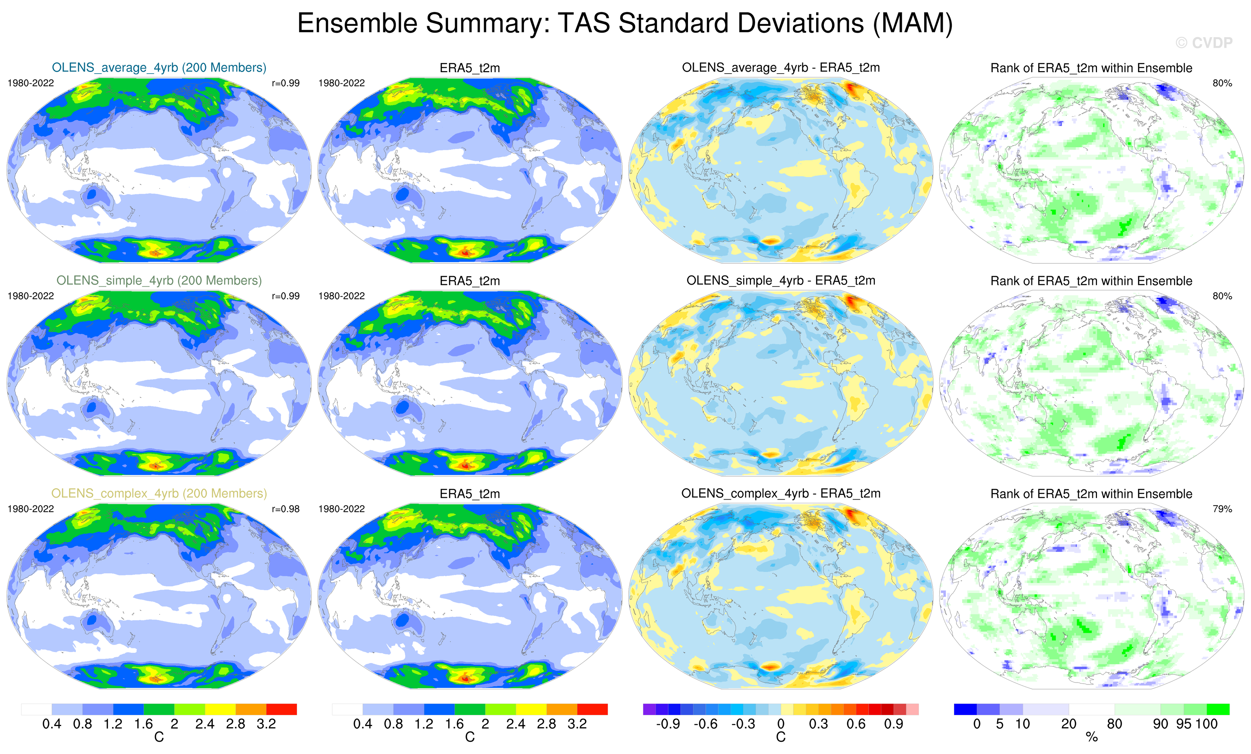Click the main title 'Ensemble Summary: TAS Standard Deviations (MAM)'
(x=625, y=23)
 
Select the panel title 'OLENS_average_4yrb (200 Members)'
(x=159, y=67)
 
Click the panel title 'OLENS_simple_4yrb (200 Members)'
(x=159, y=281)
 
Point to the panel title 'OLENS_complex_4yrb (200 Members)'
(x=159, y=493)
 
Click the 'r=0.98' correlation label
(x=285, y=509)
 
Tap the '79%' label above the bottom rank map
(x=1222, y=509)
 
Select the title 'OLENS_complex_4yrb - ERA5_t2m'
(x=781, y=493)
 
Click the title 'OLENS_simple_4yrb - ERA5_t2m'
(x=781, y=281)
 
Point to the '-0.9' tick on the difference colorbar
(x=668, y=724)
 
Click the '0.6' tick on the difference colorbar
(x=856, y=724)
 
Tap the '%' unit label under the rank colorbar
(x=1091, y=737)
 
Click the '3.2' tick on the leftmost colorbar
(x=266, y=724)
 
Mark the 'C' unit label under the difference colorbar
(x=781, y=737)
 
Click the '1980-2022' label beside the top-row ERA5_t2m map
(x=341, y=83)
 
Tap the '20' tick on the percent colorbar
(x=1069, y=724)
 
